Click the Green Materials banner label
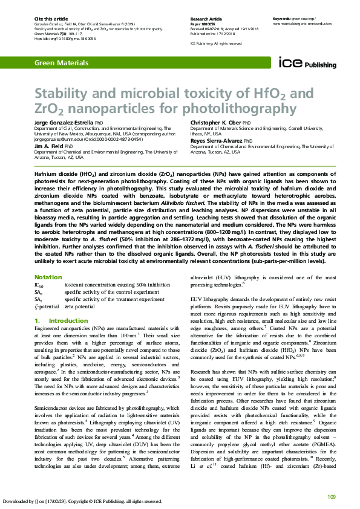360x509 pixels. (x=58, y=63)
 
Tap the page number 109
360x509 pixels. (x=331, y=496)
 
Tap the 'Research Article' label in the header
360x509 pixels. (x=206, y=19)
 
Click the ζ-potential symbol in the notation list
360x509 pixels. (x=46, y=306)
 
